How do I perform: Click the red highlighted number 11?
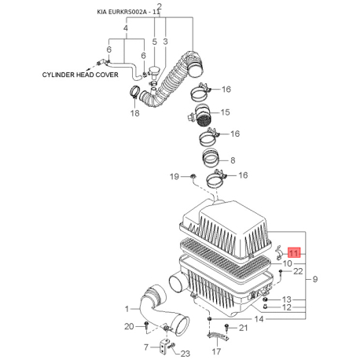pyautogui.click(x=294, y=253)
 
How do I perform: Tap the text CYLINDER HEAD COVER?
pyautogui.click(x=80, y=75)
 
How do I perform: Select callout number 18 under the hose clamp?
pyautogui.click(x=135, y=113)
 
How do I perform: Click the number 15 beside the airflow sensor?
pyautogui.click(x=226, y=112)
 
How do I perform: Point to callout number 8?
pyautogui.click(x=233, y=160)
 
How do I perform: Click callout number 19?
pyautogui.click(x=174, y=176)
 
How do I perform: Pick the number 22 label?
pyautogui.click(x=298, y=271)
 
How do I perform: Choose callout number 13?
pyautogui.click(x=287, y=299)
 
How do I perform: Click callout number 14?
pyautogui.click(x=259, y=319)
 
